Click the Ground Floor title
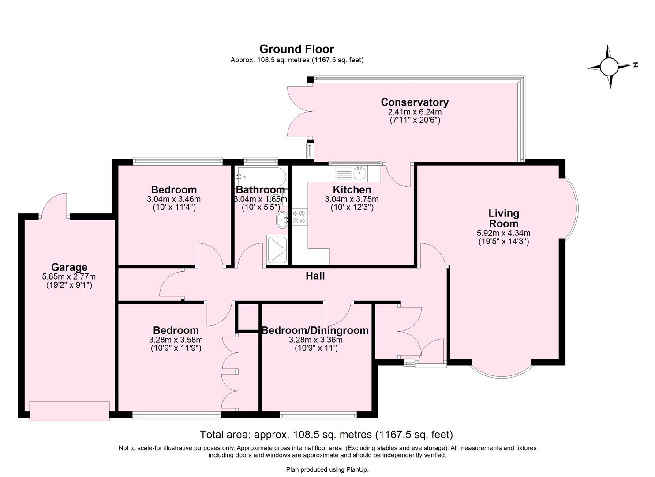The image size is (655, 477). coord(296,49)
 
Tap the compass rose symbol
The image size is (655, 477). coord(609,67)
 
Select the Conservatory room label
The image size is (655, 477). coord(415,102)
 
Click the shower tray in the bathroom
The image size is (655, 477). coord(277,250)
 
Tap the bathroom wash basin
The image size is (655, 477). coord(282,220)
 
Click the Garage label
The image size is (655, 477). coord(69,267)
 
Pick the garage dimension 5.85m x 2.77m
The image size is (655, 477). coord(69,277)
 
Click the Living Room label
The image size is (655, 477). coord(504,218)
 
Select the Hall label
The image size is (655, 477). coord(315,276)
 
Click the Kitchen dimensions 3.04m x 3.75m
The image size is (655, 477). coord(352,199)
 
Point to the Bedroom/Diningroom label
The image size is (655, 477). coord(315,330)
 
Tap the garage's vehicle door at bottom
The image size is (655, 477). coord(69,411)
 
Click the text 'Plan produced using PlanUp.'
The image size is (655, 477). coord(327,469)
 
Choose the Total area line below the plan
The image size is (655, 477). coord(326,435)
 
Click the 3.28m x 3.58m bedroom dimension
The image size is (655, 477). coord(176,340)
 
